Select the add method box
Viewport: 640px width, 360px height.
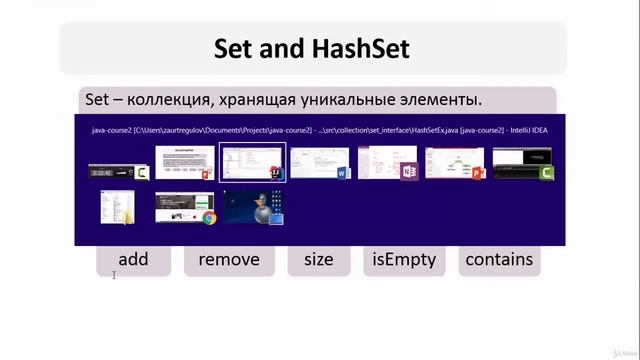tap(133, 260)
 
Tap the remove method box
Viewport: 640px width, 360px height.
tap(229, 260)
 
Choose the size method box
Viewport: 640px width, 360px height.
tap(318, 260)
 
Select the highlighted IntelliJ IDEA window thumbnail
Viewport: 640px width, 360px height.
tap(252, 162)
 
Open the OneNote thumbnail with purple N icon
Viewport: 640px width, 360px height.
tap(388, 162)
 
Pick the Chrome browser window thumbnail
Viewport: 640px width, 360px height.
tap(185, 207)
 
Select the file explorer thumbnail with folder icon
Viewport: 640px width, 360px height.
tap(116, 207)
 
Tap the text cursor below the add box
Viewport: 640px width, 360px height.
tap(115, 275)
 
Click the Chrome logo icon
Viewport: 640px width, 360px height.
tap(210, 217)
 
